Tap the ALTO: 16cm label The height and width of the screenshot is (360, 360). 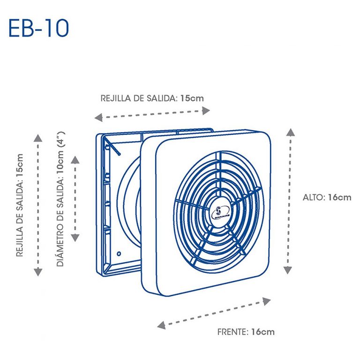[x=327, y=197]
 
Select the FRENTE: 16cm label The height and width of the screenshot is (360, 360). [x=246, y=332]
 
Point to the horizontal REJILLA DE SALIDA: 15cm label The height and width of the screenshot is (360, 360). [x=152, y=98]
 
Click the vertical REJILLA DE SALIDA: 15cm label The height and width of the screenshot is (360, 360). [x=20, y=205]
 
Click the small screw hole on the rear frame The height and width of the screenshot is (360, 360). [x=119, y=253]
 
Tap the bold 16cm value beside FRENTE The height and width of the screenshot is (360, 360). [x=262, y=332]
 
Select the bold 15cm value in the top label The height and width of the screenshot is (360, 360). [x=192, y=98]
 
